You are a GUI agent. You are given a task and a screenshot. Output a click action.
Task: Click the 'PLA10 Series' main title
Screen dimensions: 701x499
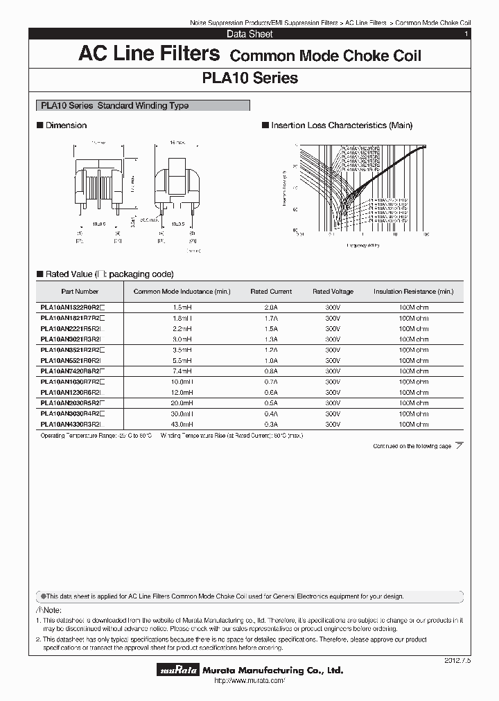click(250, 78)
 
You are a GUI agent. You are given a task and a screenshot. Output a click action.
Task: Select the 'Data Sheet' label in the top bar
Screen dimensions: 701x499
click(249, 34)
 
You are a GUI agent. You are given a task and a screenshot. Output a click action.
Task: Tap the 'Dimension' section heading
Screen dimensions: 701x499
click(65, 125)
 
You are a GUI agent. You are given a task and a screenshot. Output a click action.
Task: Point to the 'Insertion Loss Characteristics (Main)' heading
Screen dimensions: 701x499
click(341, 125)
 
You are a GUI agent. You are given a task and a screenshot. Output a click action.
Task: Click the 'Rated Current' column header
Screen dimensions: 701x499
click(271, 292)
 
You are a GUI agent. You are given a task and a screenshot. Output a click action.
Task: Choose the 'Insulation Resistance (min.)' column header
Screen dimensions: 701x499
click(413, 292)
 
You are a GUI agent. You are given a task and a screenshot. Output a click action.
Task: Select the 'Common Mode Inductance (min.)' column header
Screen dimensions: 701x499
click(182, 292)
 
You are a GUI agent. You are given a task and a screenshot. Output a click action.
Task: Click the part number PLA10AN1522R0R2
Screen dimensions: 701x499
click(71, 306)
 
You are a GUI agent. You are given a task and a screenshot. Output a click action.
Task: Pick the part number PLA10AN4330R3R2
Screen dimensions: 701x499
click(71, 423)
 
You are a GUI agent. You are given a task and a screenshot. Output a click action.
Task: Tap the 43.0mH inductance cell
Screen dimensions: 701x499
click(182, 423)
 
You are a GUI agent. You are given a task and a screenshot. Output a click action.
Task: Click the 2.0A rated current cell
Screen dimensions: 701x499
click(271, 306)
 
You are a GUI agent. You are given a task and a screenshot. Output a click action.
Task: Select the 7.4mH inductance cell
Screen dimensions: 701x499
click(182, 371)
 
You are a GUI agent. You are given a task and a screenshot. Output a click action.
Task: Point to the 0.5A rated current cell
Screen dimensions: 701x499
click(271, 402)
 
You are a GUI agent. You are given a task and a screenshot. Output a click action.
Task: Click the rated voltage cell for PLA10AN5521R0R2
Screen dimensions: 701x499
click(333, 361)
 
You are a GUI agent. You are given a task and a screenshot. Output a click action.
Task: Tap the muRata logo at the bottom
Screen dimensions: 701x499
click(180, 671)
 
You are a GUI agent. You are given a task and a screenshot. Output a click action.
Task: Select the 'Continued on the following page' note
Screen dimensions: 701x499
click(412, 446)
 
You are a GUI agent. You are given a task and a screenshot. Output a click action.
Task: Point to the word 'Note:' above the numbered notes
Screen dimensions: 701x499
click(49, 610)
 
